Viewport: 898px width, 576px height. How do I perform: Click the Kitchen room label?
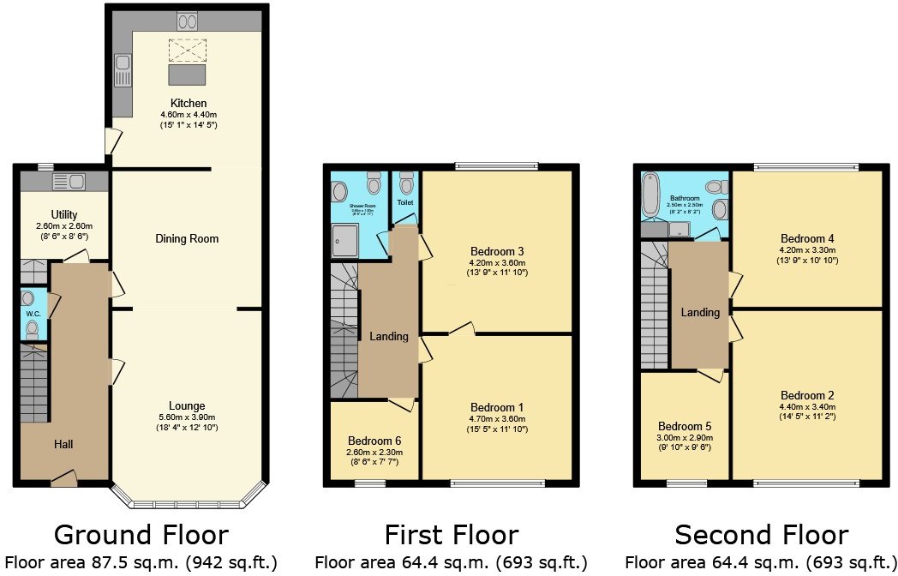click(x=189, y=103)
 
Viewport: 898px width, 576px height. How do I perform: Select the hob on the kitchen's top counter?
click(x=187, y=21)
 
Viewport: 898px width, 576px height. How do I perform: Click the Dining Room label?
click(x=187, y=238)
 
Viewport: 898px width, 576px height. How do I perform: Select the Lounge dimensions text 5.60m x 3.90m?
click(x=187, y=417)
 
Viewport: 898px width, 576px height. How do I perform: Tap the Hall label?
click(x=63, y=444)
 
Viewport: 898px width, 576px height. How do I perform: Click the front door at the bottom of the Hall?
click(x=64, y=477)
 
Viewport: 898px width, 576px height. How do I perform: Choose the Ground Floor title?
click(x=141, y=536)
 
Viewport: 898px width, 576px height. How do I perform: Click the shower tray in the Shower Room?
click(x=344, y=241)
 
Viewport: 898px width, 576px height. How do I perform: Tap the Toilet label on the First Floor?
click(x=404, y=203)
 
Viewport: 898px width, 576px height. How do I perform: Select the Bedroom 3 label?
click(x=497, y=251)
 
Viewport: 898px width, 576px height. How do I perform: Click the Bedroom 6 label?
click(x=374, y=441)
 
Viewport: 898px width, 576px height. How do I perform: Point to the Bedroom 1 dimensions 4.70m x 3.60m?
click(x=497, y=419)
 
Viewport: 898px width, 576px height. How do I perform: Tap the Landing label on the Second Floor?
click(x=700, y=312)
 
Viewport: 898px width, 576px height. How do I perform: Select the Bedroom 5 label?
click(x=685, y=426)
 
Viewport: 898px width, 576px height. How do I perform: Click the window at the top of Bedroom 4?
click(x=806, y=166)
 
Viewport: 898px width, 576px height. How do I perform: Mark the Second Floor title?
click(x=762, y=536)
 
